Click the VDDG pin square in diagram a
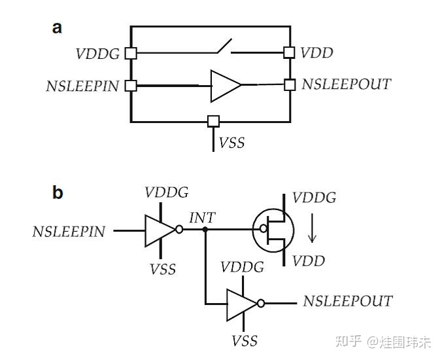pos(131,53)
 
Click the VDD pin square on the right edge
pos(289,52)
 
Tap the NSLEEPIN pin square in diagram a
pos(131,85)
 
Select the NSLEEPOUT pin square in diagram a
pos(289,84)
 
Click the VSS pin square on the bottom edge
pos(213,121)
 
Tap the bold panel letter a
pos(58,27)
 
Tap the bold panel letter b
pos(58,192)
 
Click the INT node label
pos(201,218)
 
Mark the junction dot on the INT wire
pos(205,230)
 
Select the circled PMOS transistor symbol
pos(276,230)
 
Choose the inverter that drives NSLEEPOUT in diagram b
pos(244,304)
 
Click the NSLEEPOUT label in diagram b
pos(347,301)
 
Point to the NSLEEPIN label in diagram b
pos(69,231)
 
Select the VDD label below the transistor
pos(309,261)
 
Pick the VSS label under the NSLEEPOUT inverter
pos(245,341)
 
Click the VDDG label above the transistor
pos(314,197)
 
